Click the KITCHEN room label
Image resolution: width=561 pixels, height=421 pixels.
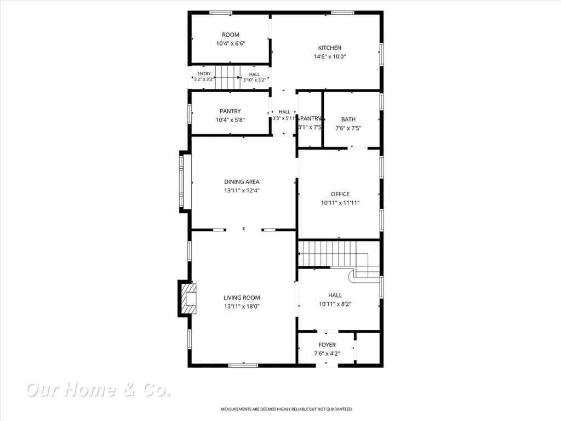[x=329, y=48]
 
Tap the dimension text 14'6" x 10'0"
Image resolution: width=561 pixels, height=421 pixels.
[x=329, y=56]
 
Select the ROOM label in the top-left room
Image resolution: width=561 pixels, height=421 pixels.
[x=231, y=35]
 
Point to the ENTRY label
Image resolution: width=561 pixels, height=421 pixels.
[x=204, y=74]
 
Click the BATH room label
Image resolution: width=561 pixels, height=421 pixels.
[x=348, y=119]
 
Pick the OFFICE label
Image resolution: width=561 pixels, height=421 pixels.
[x=340, y=194]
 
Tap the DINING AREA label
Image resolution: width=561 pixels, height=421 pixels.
[x=242, y=182]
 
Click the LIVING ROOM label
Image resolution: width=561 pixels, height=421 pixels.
[x=242, y=298]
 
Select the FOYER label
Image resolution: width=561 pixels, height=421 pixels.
[x=327, y=345]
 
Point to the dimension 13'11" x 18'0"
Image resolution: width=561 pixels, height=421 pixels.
[x=242, y=306]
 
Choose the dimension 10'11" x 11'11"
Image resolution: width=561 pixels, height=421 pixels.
[x=340, y=203]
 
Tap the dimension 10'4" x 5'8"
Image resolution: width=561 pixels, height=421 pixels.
[x=230, y=120]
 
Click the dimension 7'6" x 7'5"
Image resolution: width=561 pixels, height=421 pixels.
[x=348, y=128]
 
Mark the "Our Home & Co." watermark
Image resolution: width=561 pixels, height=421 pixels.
[x=99, y=390]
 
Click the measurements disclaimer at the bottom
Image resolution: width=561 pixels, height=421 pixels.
[x=286, y=409]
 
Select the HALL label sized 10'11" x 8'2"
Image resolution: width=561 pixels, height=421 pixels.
[x=335, y=295]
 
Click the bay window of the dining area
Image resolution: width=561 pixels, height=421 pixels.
[x=181, y=181]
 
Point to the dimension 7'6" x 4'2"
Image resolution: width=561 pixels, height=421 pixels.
[x=327, y=354]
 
